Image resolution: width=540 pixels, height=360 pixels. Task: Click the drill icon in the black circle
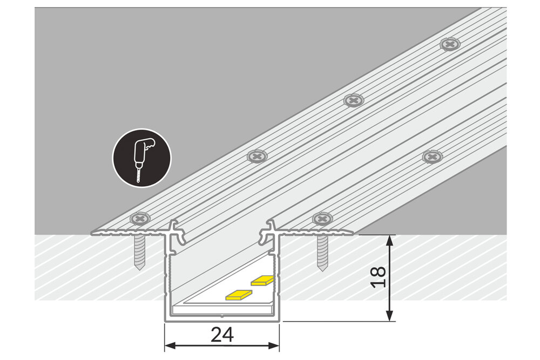point(141,158)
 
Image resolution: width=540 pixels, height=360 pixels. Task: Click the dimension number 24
point(222,335)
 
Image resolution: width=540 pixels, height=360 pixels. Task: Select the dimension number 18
point(380,277)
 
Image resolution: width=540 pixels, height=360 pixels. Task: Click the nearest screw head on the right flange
point(323,219)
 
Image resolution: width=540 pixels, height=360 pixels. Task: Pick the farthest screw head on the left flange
point(450,44)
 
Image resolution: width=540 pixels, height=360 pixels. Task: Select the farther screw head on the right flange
point(432,157)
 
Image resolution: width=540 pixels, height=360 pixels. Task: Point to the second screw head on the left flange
point(257,157)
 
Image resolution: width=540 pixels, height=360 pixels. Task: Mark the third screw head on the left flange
point(354,100)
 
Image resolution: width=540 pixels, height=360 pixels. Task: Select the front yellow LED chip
point(238,294)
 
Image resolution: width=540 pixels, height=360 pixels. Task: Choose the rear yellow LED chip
point(263,280)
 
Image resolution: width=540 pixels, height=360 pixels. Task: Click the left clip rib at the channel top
point(174,232)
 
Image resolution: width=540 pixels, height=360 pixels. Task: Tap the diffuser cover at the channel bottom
point(222,310)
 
